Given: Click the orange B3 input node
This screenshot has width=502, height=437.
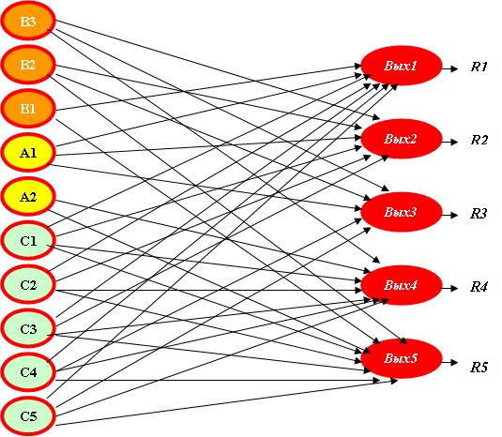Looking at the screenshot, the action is (x=28, y=22).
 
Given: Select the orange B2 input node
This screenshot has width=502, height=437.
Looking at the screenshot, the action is (x=28, y=65).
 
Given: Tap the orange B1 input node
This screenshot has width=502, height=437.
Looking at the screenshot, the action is (x=28, y=109).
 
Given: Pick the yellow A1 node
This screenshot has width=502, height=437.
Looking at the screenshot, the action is (x=28, y=153).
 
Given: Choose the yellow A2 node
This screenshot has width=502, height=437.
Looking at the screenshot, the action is (x=28, y=196).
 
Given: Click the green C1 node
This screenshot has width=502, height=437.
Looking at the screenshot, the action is (x=28, y=240).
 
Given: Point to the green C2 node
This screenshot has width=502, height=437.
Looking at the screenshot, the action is (x=28, y=284).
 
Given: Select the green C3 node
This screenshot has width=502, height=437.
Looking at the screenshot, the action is (x=28, y=328).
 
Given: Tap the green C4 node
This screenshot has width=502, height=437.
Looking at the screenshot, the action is (x=28, y=372).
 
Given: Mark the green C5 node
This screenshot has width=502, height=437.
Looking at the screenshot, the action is (x=28, y=415).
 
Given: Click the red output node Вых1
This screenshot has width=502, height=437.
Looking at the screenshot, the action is (x=402, y=66).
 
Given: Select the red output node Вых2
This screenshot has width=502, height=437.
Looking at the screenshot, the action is (x=402, y=139).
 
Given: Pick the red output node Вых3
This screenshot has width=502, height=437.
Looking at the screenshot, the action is (x=402, y=212).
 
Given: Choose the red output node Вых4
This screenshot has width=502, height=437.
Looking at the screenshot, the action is (x=402, y=285).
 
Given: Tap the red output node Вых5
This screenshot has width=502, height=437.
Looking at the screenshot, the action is (x=402, y=358).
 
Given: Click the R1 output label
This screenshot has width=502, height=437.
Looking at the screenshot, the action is (x=479, y=67).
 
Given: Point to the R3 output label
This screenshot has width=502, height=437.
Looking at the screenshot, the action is (x=479, y=214).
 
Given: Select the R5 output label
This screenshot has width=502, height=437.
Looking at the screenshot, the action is (x=479, y=368).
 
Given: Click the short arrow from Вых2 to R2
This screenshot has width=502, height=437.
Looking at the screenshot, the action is (x=449, y=142).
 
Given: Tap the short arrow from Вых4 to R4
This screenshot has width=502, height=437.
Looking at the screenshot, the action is (x=449, y=288).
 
